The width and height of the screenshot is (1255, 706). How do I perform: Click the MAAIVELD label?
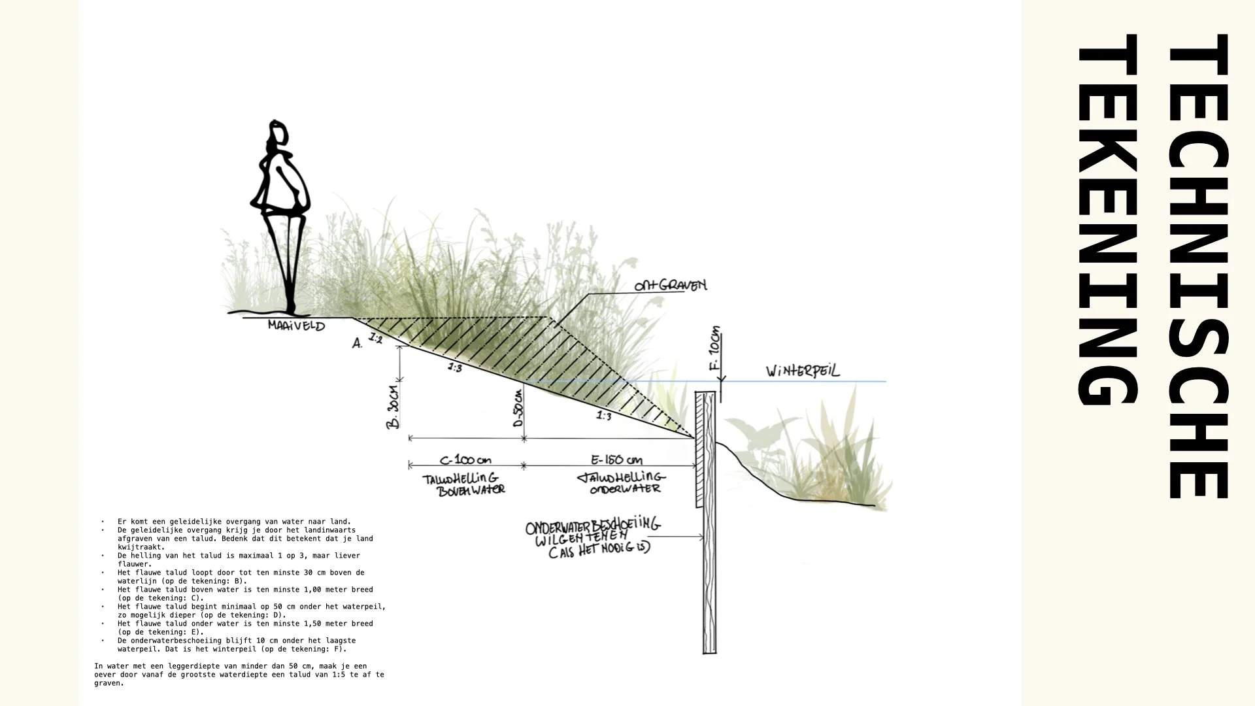coord(296,326)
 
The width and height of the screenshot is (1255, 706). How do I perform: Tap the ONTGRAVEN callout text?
coord(670,286)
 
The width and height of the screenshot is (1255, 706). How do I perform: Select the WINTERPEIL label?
coord(803,371)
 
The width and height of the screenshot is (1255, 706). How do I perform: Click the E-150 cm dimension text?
coord(616,460)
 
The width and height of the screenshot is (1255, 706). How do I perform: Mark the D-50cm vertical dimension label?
coord(518,409)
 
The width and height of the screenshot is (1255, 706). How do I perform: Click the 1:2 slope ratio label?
coord(375,338)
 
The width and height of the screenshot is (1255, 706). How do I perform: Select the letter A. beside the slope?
coord(357,343)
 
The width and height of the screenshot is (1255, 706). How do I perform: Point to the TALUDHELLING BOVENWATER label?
coord(463,484)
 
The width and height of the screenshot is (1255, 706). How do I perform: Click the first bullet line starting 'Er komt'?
coord(234,522)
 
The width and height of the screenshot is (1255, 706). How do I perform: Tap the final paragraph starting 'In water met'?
coord(239,675)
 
